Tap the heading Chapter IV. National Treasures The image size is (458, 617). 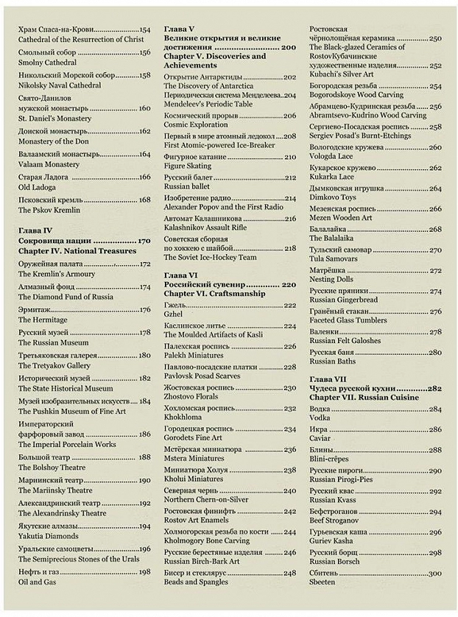point(77,251)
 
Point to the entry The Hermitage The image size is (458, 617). point(43,320)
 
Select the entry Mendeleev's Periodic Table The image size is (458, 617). point(212,105)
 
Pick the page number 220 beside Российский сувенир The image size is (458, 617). point(286,284)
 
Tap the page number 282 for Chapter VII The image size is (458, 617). point(433,387)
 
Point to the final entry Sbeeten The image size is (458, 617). point(323,582)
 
